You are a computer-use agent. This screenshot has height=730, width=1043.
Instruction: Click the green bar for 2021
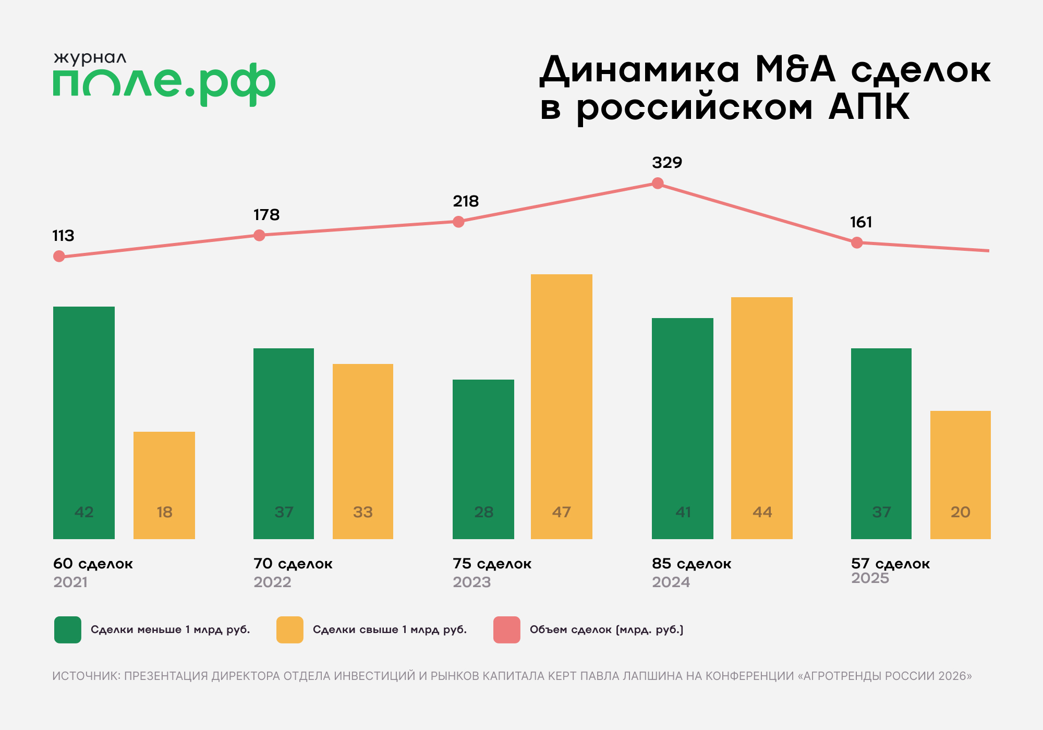[84, 422]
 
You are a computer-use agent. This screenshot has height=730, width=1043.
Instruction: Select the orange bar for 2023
[562, 407]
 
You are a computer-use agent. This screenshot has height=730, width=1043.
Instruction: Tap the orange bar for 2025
[960, 475]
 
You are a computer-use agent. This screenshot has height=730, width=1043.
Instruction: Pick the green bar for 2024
[682, 428]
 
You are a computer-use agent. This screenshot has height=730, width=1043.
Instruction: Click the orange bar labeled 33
[363, 451]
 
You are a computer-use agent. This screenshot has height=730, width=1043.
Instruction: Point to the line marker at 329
[658, 183]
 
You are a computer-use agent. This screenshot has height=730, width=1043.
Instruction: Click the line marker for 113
[59, 256]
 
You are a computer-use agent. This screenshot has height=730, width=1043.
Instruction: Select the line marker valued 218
[458, 222]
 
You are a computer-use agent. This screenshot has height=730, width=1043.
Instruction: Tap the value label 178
[266, 215]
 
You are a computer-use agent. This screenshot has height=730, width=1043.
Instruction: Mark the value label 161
[861, 223]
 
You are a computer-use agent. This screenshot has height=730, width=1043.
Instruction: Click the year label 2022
[272, 582]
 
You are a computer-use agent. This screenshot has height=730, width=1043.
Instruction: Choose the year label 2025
[870, 578]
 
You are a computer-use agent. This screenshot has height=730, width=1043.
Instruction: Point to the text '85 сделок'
[692, 564]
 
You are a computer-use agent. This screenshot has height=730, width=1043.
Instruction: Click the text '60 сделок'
[93, 564]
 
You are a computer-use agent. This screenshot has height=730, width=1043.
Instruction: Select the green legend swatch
[68, 629]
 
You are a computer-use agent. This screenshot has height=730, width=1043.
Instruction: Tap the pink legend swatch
[506, 629]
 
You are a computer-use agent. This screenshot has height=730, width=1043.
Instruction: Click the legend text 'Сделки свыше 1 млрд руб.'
[390, 629]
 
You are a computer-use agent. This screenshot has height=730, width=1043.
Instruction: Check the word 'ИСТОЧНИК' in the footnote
[86, 676]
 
